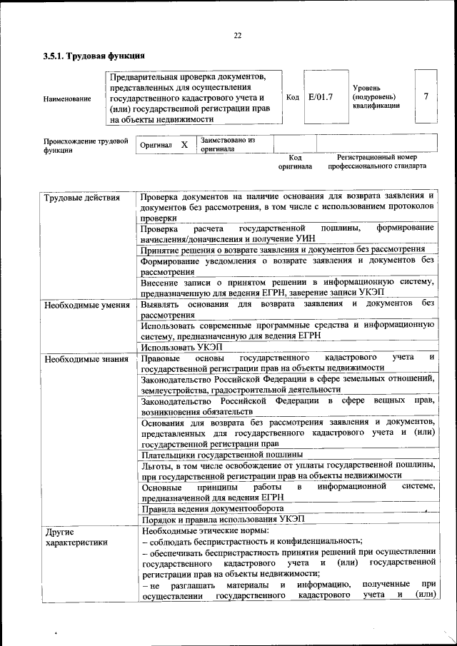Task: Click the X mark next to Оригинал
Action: (184, 145)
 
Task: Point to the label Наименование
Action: (67, 98)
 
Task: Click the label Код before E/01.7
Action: (292, 97)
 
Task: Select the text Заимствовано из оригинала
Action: (228, 145)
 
